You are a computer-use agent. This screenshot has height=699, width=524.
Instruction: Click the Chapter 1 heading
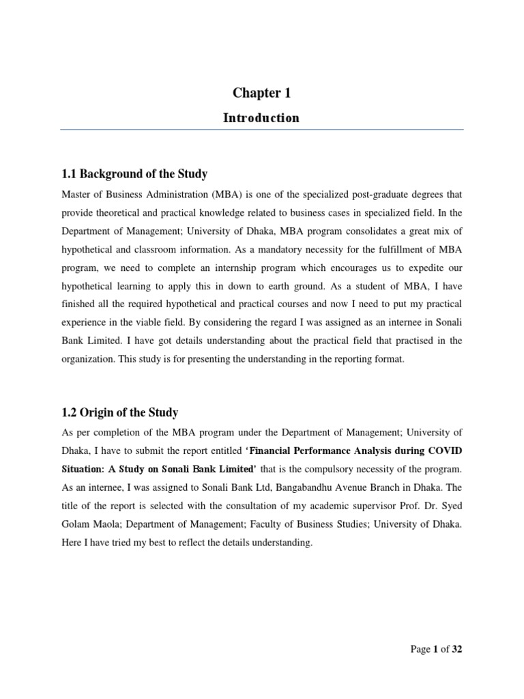click(x=261, y=94)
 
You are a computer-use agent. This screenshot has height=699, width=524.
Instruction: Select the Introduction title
click(x=261, y=118)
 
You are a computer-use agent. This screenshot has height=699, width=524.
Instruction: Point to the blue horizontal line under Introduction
click(x=261, y=130)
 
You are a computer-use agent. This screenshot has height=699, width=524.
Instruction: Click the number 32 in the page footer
click(x=456, y=649)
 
